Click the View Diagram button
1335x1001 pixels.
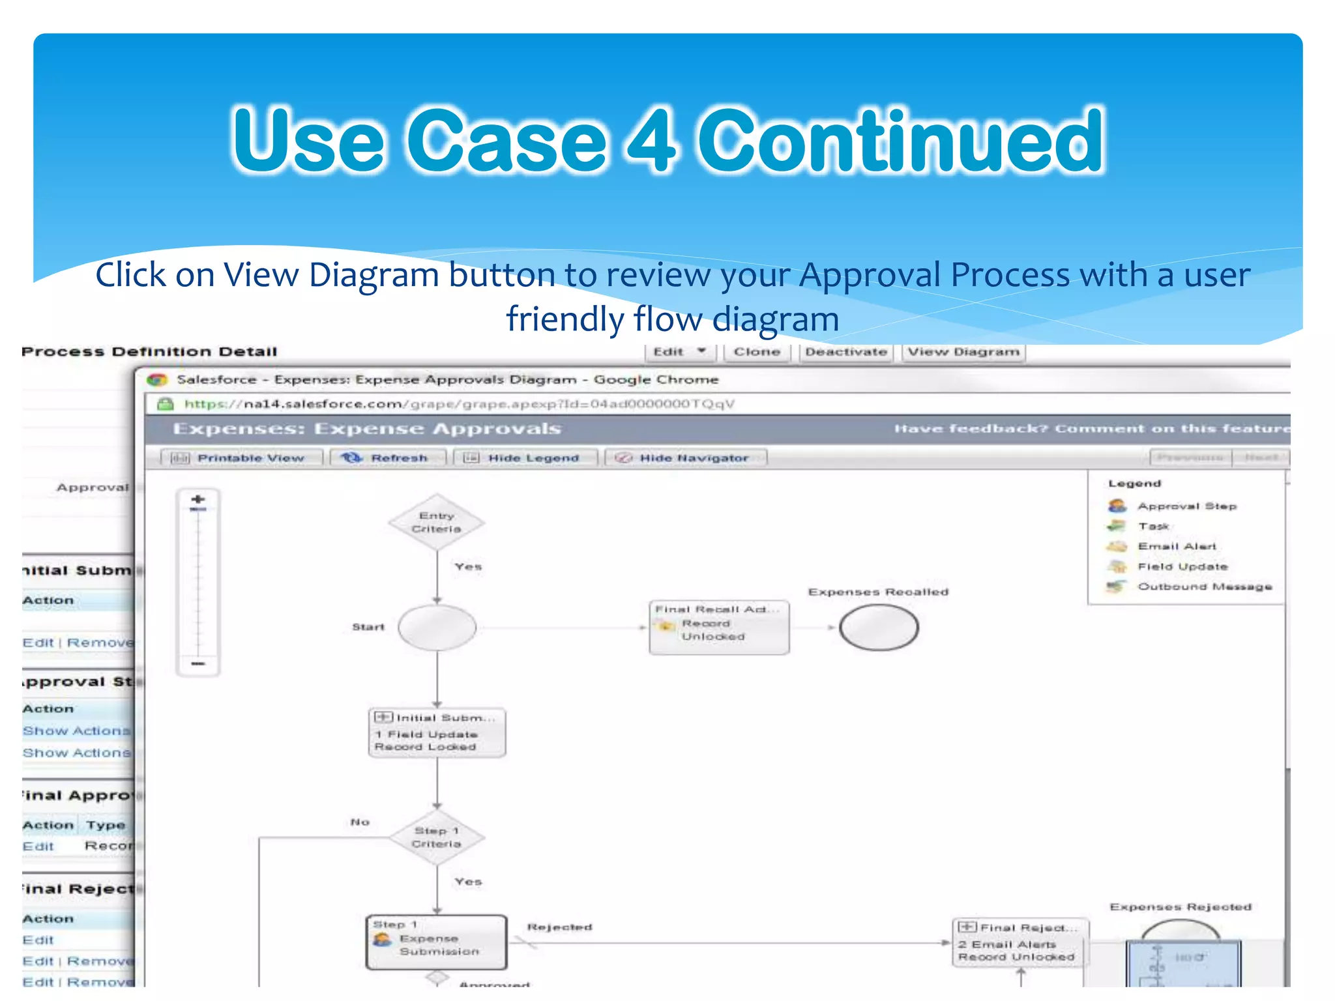(963, 352)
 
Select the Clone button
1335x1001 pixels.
(757, 352)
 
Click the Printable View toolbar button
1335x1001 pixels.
(242, 458)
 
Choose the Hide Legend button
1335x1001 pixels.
(525, 458)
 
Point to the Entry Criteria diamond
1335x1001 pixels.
(436, 522)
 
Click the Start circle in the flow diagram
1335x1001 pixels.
(437, 628)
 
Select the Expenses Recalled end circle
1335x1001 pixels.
(879, 628)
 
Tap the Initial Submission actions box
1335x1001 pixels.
(437, 733)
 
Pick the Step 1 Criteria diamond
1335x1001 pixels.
(436, 837)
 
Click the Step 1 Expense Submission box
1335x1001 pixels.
(437, 942)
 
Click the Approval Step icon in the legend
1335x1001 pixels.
(1117, 506)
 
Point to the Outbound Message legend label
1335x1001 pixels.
(1205, 587)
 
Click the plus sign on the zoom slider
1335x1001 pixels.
(198, 499)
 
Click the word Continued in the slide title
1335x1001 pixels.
(901, 141)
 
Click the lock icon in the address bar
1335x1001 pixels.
(166, 404)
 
